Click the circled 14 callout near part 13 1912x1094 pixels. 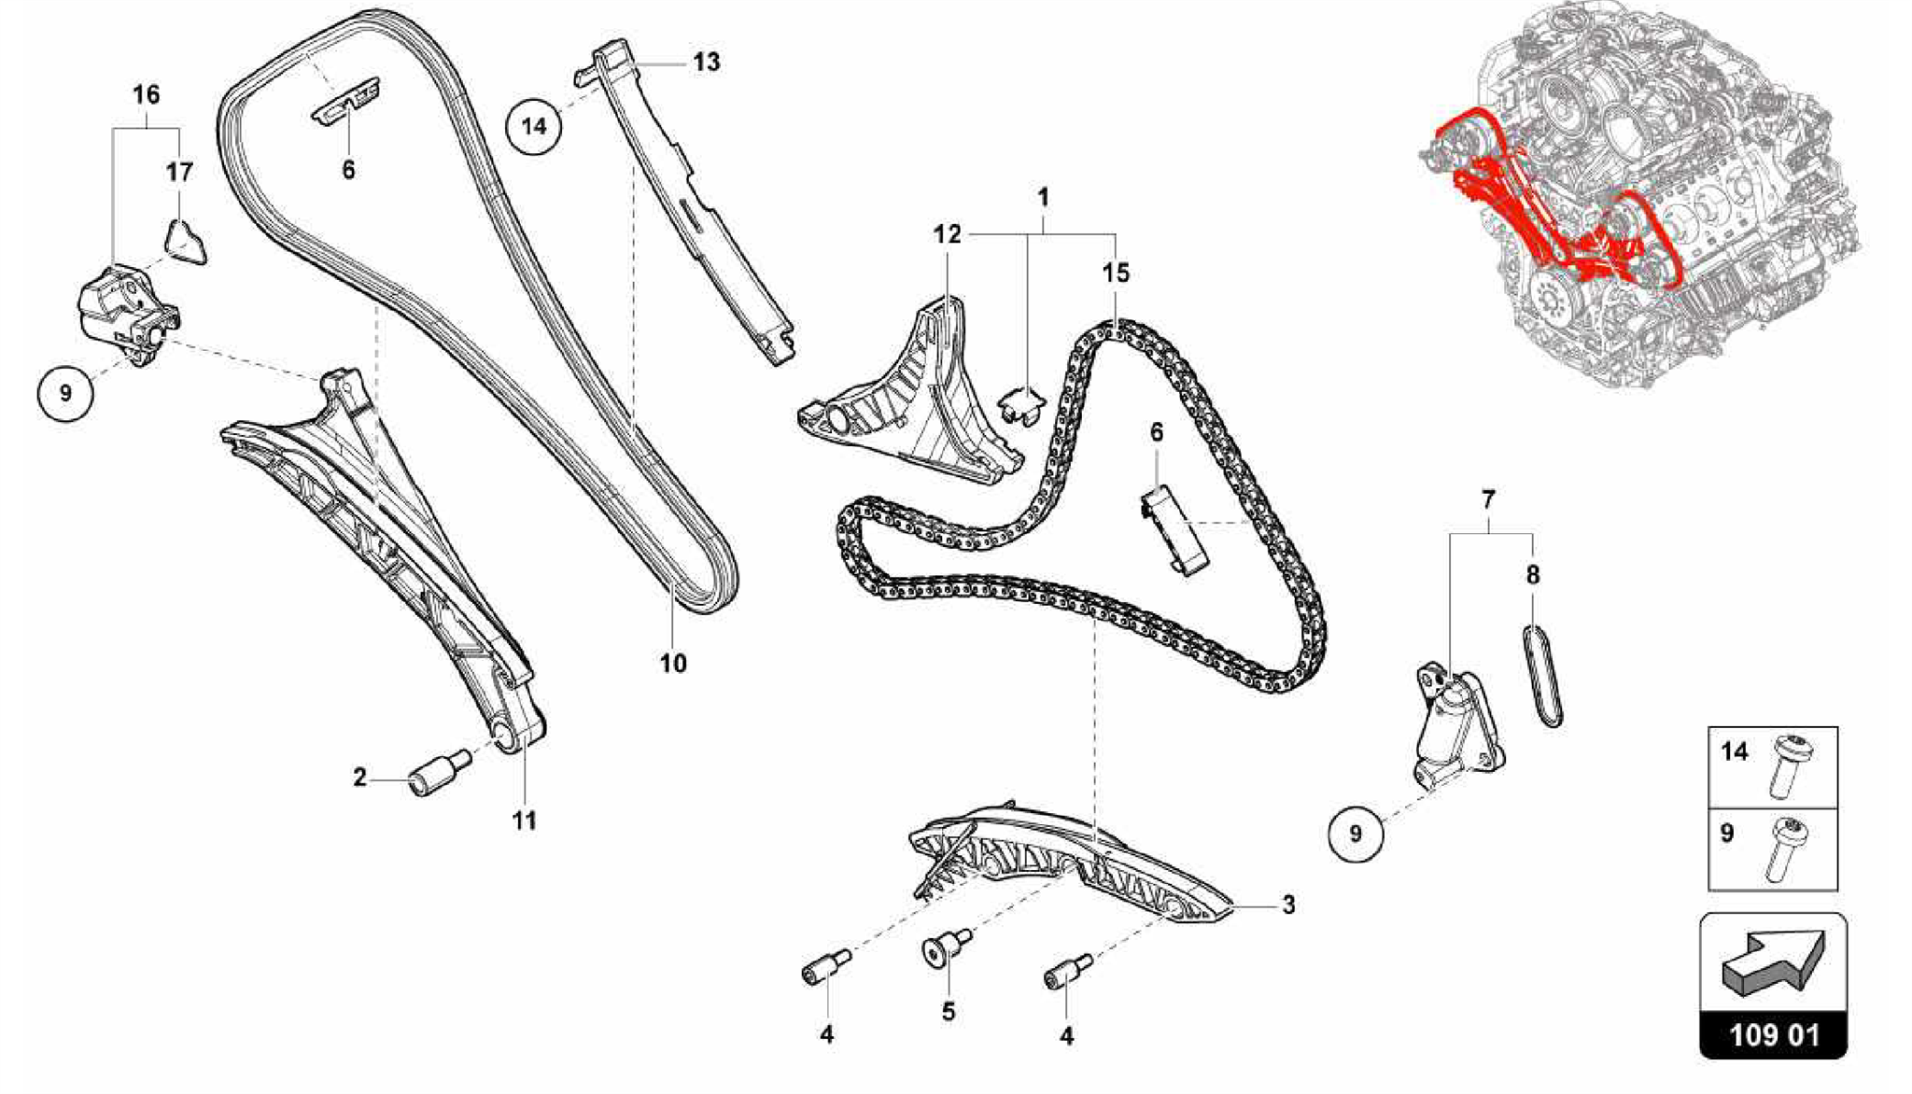click(534, 125)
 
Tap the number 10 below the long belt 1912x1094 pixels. click(673, 664)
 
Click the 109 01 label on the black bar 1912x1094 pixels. click(1773, 1036)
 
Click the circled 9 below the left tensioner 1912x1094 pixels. click(65, 393)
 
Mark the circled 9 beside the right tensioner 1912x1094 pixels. click(1356, 833)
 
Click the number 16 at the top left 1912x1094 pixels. click(147, 94)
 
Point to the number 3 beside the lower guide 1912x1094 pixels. click(1288, 905)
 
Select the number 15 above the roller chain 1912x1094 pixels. click(1116, 273)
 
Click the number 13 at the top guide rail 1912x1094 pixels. click(707, 63)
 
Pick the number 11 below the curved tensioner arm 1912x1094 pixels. click(525, 820)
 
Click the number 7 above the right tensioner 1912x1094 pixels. click(1488, 499)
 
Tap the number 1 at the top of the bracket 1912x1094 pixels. click(1044, 198)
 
